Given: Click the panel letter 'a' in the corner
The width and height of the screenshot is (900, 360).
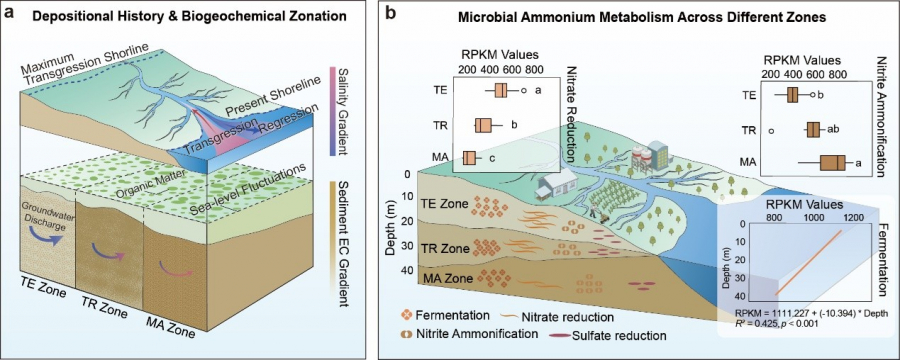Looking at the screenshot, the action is point(9,13).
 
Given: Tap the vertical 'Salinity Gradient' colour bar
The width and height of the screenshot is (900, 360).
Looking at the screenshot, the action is point(331,111).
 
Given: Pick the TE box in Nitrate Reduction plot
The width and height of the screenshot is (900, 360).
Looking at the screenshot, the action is point(500,91).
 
